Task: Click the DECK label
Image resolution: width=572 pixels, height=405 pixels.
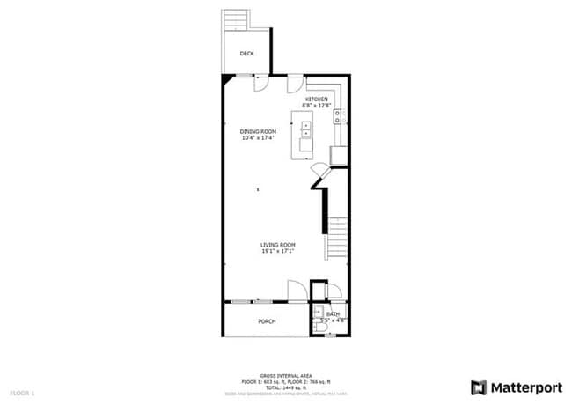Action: click(x=247, y=54)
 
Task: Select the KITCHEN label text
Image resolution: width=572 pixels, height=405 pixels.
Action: click(x=317, y=99)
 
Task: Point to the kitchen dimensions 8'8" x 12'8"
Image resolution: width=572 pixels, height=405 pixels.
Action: click(x=317, y=106)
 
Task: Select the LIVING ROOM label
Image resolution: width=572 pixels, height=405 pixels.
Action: click(x=277, y=245)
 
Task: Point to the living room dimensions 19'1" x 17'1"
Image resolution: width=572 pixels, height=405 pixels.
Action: click(x=277, y=251)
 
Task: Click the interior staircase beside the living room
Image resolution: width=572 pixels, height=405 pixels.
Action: click(x=338, y=238)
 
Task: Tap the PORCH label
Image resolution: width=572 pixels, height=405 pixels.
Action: click(x=267, y=321)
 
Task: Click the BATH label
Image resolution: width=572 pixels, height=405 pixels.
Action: click(x=333, y=314)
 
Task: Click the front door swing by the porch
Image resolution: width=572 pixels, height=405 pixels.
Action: click(x=297, y=290)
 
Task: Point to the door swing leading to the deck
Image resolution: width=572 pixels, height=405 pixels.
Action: click(x=262, y=85)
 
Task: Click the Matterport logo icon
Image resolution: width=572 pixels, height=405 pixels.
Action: click(x=479, y=387)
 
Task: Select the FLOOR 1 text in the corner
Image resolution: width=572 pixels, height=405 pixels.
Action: click(x=22, y=392)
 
